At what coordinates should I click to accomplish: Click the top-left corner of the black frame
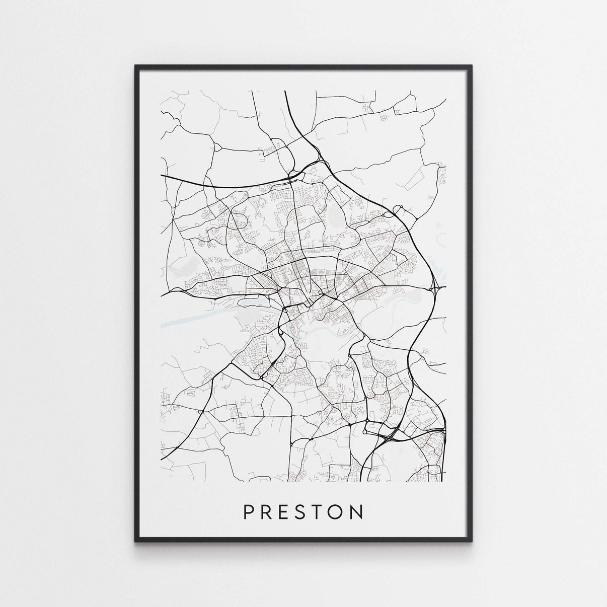tap(135, 65)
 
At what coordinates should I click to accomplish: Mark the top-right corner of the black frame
tap(472, 65)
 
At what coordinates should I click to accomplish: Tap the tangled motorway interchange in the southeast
tap(390, 433)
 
